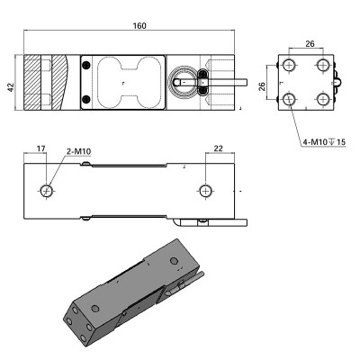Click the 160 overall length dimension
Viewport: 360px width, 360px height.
pos(139,26)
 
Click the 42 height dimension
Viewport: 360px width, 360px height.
pos(11,87)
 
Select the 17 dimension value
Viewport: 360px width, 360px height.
pos(40,148)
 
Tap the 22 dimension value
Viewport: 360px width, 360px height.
pos(219,148)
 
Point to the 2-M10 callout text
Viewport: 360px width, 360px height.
pos(78,152)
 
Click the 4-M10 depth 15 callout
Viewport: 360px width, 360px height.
pos(324,142)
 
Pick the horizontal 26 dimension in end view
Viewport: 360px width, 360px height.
pos(310,44)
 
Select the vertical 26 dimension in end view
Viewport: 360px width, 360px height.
pos(262,86)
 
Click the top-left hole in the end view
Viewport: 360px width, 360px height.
pos(289,65)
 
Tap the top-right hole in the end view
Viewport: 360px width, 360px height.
pos(323,65)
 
